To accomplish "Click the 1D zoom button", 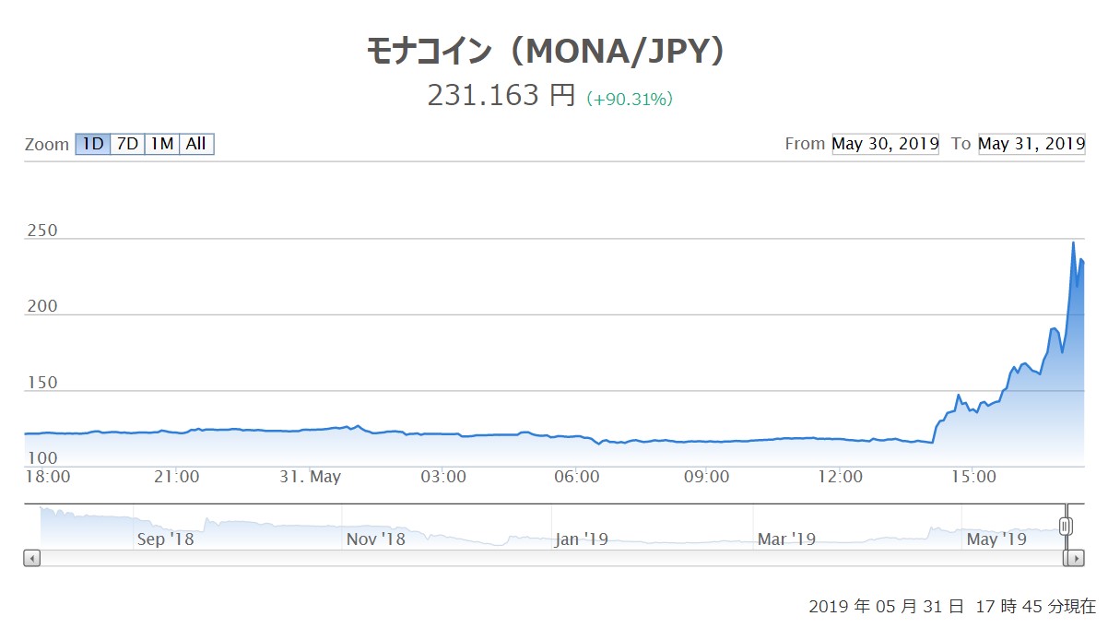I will [92, 144].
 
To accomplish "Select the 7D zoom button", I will [127, 144].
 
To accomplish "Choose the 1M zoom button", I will [162, 144].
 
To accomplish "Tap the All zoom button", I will [196, 144].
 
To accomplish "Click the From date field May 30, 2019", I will [885, 144].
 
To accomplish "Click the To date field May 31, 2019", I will [1031, 144].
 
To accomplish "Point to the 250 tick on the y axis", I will [42, 231].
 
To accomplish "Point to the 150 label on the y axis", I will [42, 383].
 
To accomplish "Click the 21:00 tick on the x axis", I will [177, 477].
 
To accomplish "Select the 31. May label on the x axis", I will [311, 477].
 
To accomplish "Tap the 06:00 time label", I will [577, 477].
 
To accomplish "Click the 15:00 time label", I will [973, 477].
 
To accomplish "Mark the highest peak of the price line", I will [1073, 243].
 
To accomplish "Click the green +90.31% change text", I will [630, 99].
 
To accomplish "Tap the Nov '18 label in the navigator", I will [375, 539].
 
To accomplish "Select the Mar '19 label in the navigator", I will [785, 539].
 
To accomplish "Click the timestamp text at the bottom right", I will [952, 607].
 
